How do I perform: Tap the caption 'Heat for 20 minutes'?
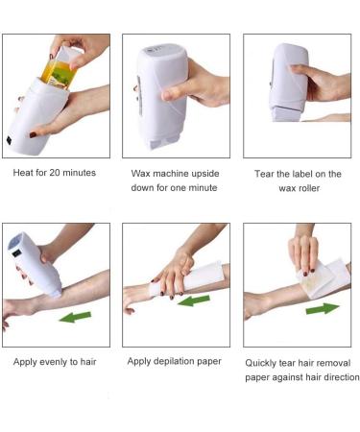tap(55, 174)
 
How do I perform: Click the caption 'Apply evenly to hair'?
tap(55, 362)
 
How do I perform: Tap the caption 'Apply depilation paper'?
tap(176, 362)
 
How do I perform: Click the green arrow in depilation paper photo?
tap(195, 300)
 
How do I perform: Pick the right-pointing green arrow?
tap(322, 309)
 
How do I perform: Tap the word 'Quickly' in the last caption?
tap(265, 362)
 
